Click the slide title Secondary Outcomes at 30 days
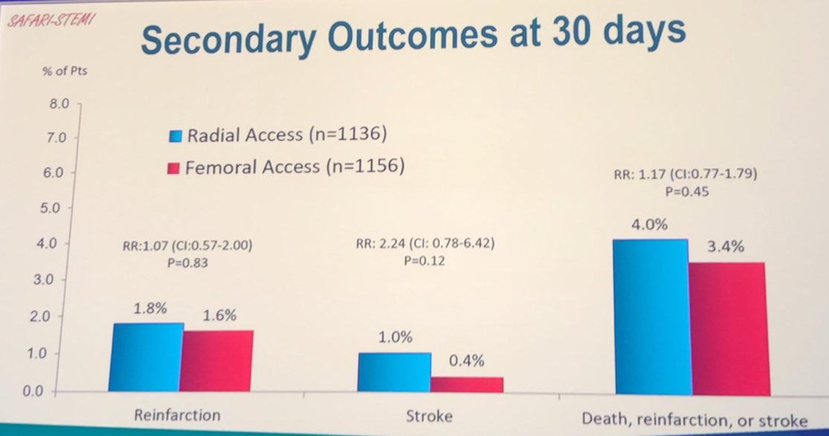[x=413, y=36]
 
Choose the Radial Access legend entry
[x=278, y=135]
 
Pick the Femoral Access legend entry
[x=287, y=167]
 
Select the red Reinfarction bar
[x=218, y=361]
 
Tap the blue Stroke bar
[x=394, y=372]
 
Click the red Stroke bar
[x=467, y=384]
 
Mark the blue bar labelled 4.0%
[x=651, y=317]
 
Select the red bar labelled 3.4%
[x=727, y=328]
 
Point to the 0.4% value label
[x=467, y=362]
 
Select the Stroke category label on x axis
[x=429, y=415]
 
